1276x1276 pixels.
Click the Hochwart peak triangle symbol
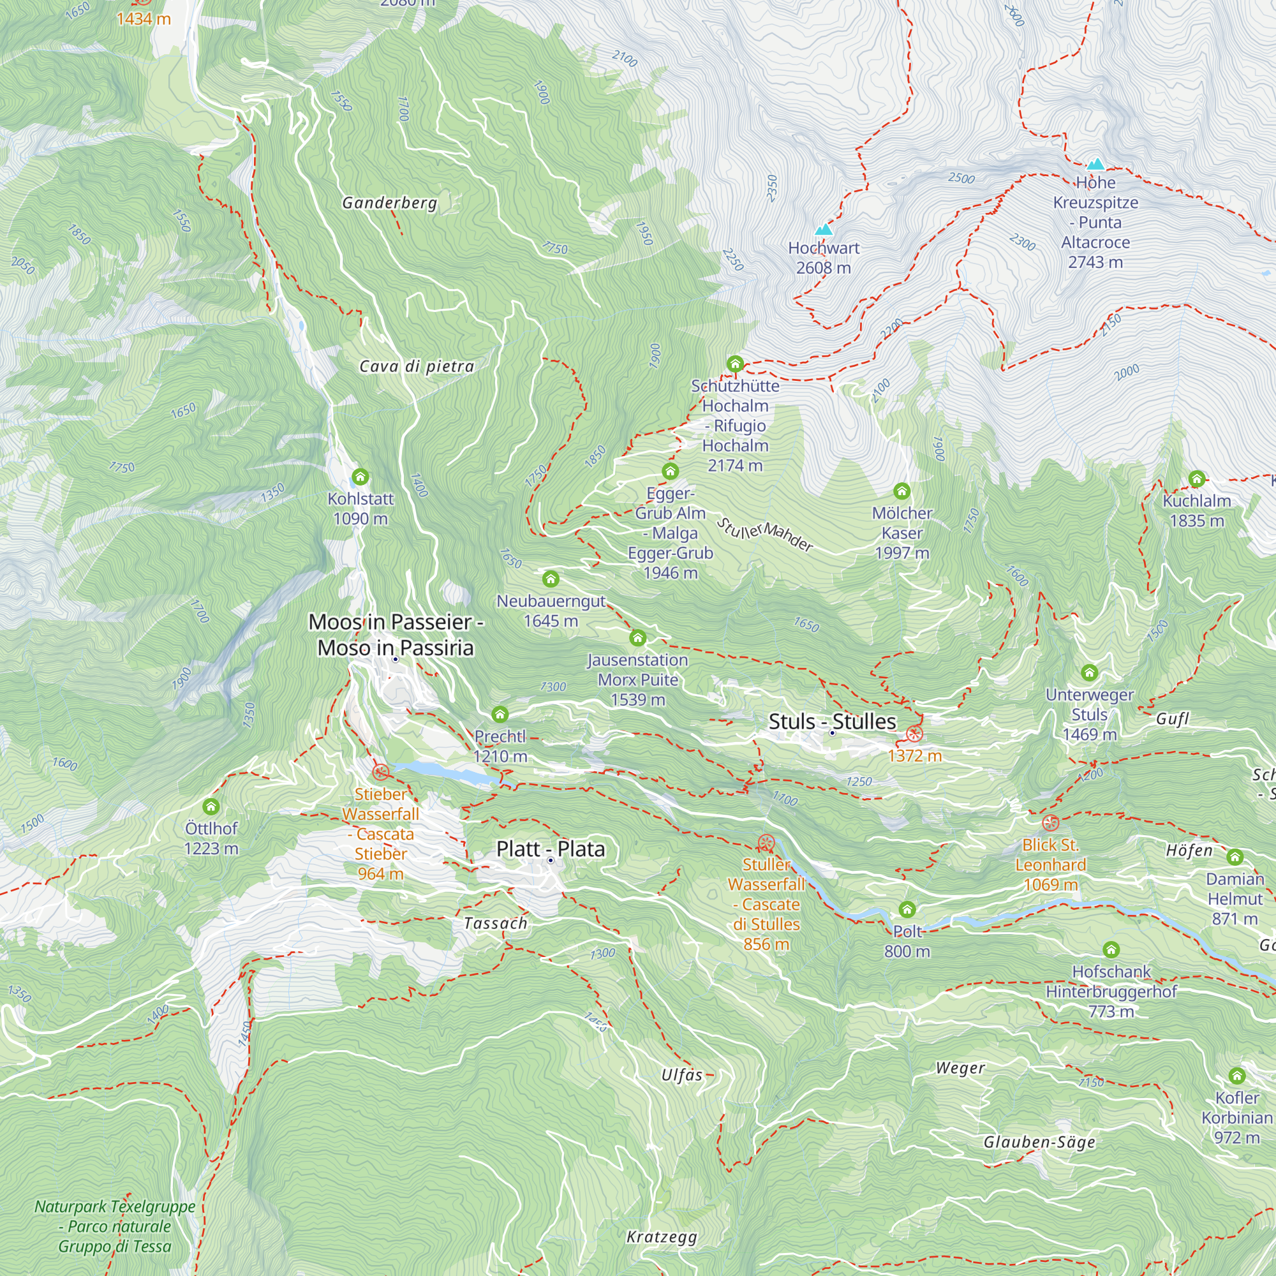[x=823, y=230]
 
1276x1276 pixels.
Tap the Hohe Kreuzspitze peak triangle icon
[x=1095, y=164]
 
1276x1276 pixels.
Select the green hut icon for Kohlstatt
[x=360, y=476]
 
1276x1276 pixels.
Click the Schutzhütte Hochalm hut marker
[x=735, y=363]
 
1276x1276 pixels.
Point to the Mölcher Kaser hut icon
[x=901, y=491]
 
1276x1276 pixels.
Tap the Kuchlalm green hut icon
[x=1197, y=479]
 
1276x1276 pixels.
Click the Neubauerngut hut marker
[x=551, y=579]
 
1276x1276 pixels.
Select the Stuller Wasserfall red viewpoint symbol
[x=766, y=843]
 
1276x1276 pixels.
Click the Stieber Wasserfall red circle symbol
[x=380, y=772]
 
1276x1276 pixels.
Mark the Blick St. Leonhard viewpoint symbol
[x=1050, y=823]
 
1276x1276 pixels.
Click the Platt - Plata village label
[x=550, y=849]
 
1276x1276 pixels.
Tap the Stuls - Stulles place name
[x=832, y=721]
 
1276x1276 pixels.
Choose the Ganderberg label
[x=390, y=203]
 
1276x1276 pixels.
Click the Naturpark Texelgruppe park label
[x=115, y=1226]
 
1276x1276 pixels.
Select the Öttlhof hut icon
[x=211, y=806]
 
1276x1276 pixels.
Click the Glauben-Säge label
[x=1039, y=1142]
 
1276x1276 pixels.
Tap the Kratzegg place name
[x=662, y=1236]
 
